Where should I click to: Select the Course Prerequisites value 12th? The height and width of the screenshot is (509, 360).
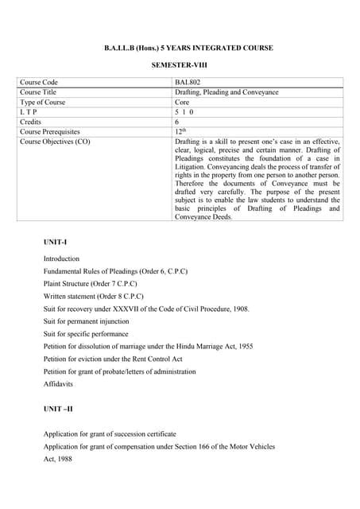pyautogui.click(x=180, y=131)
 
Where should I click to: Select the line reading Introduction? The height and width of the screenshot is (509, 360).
pyautogui.click(x=61, y=258)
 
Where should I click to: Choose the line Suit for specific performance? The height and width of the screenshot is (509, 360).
pyautogui.click(x=86, y=334)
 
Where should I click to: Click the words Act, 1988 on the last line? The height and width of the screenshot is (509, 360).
pyautogui.click(x=57, y=459)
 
